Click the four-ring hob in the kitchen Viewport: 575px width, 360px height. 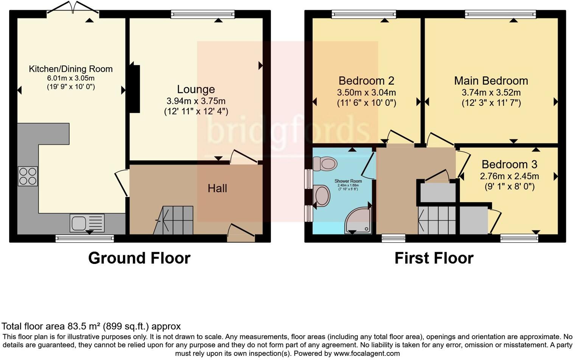(28, 176)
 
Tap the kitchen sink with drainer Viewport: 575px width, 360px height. (87, 223)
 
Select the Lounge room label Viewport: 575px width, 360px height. (196, 89)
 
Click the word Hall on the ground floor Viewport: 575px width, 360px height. (217, 188)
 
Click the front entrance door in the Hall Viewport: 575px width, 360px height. (241, 233)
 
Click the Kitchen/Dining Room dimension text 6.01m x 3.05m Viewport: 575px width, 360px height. (71, 78)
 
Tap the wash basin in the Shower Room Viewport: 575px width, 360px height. (322, 195)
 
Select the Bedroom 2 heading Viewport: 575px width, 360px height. (366, 81)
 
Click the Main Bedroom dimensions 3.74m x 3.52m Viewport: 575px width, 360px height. (491, 93)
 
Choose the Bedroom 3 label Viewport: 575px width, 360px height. (509, 164)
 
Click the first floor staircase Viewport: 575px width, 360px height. (437, 220)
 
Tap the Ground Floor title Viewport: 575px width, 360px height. (139, 258)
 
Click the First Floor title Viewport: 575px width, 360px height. (434, 258)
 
